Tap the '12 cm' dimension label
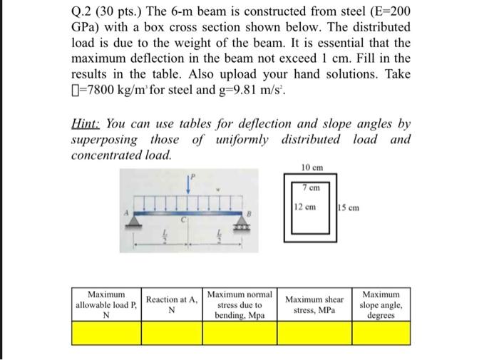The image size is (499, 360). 304,207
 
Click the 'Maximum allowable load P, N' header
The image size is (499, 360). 106,304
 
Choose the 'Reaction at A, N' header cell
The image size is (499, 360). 171,304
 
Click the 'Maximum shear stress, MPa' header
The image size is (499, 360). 314,304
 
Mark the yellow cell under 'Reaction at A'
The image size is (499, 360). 171,332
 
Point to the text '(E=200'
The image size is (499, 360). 384,13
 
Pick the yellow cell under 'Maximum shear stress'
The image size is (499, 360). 314,332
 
